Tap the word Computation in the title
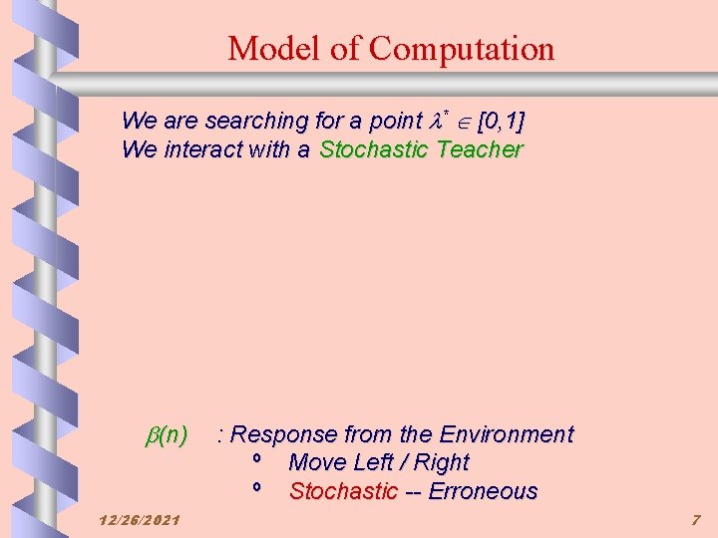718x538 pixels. coord(462,49)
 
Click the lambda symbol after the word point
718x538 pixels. coord(434,122)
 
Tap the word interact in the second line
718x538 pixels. coord(195,149)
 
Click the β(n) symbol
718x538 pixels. coord(167,434)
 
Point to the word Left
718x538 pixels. coord(377,462)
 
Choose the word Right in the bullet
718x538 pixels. coord(441,462)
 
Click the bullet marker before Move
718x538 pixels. coord(257,458)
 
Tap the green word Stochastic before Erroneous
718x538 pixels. coord(343,491)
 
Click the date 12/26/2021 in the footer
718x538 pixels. coord(141,520)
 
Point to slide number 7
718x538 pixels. coord(696,520)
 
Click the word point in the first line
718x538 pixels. coord(396,122)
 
